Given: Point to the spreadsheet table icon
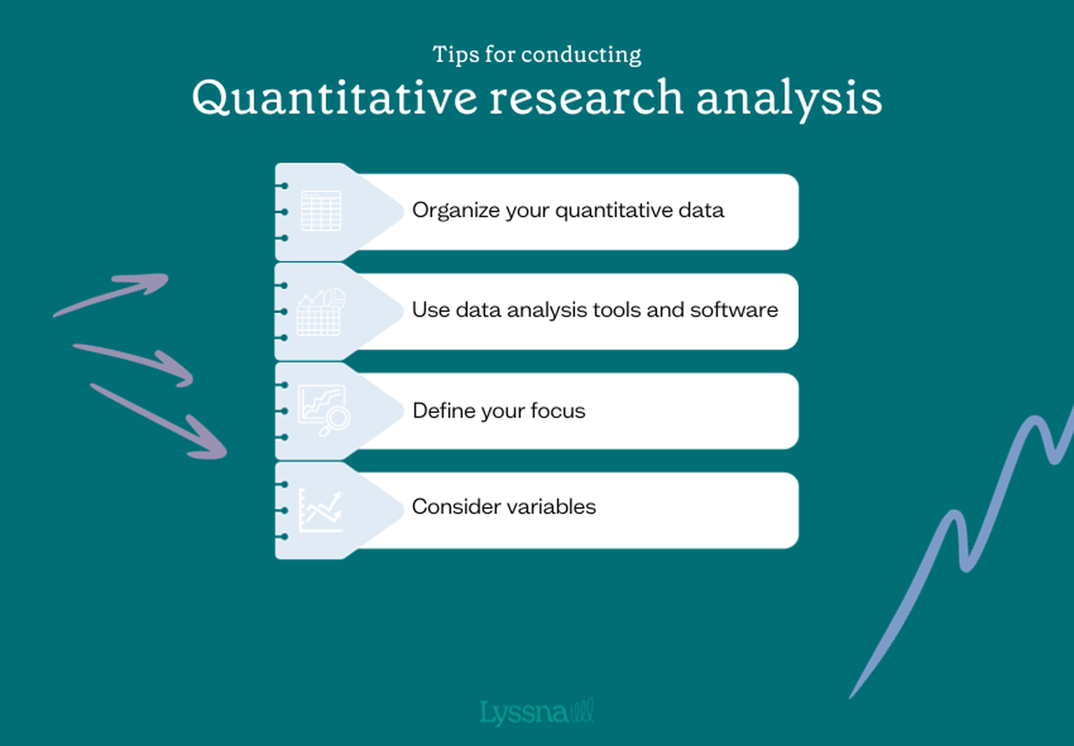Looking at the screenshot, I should click(x=321, y=211).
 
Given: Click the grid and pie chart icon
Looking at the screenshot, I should click(x=321, y=311).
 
